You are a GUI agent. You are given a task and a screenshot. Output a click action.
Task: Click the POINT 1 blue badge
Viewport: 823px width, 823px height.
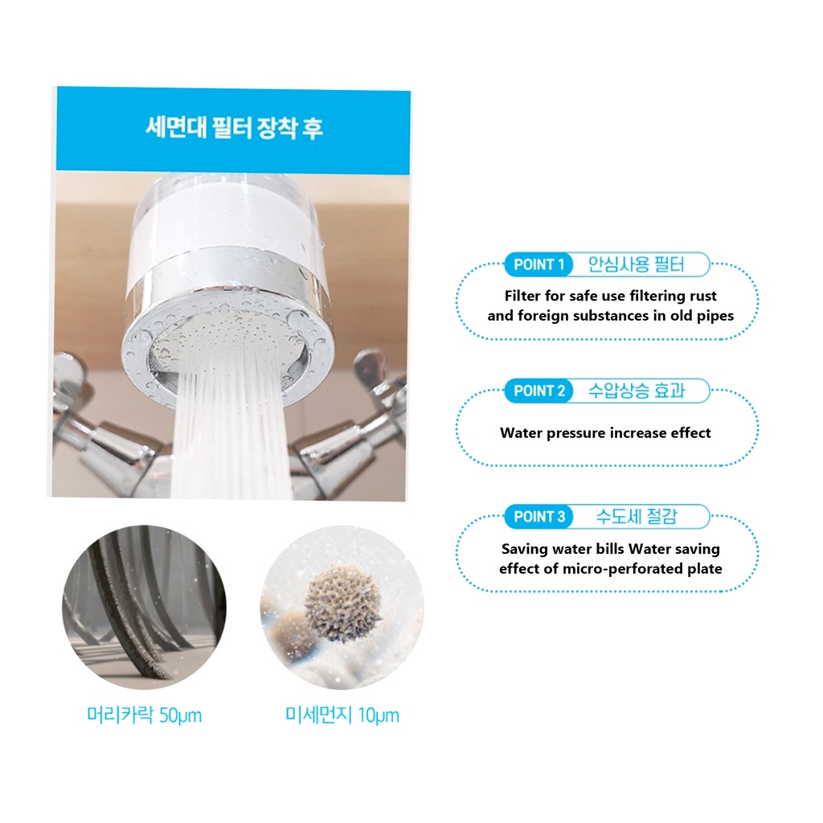(539, 264)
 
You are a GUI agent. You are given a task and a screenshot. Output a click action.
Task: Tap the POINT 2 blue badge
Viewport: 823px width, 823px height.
(539, 391)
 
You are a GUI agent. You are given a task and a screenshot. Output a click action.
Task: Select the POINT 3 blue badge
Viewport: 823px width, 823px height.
(539, 517)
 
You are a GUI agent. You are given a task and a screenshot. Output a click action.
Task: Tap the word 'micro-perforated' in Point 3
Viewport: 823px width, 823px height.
(618, 569)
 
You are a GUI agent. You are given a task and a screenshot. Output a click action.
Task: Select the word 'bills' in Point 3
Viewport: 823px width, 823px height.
(611, 549)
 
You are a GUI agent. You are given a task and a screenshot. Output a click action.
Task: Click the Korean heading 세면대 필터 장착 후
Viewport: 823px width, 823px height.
(234, 128)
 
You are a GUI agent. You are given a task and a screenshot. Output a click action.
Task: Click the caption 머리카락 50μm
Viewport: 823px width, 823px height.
(145, 714)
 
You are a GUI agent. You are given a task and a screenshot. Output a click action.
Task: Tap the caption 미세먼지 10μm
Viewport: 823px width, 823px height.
(342, 714)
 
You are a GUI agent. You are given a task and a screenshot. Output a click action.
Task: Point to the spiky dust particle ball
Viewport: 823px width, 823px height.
(342, 604)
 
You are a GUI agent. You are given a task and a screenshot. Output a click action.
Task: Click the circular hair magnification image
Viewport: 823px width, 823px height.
(145, 608)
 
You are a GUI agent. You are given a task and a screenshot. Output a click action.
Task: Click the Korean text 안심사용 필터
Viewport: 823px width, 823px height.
(637, 264)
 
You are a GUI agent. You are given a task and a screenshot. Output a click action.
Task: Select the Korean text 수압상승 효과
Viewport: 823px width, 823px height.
(637, 391)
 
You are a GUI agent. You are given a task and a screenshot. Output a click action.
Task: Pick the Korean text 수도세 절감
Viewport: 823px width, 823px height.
(637, 517)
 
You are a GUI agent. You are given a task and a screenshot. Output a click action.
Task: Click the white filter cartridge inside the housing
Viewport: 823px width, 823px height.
(223, 226)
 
